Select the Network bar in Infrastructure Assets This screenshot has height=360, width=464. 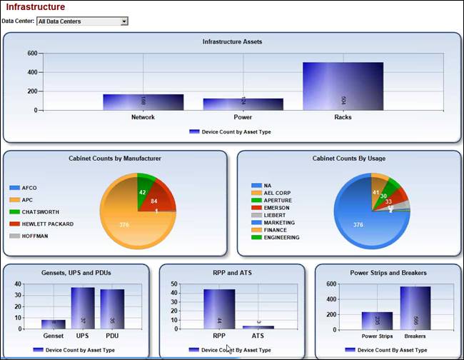[143, 102]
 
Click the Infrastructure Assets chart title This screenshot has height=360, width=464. [232, 41]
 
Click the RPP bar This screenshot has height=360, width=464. [218, 309]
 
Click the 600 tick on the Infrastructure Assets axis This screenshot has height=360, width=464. [32, 53]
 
